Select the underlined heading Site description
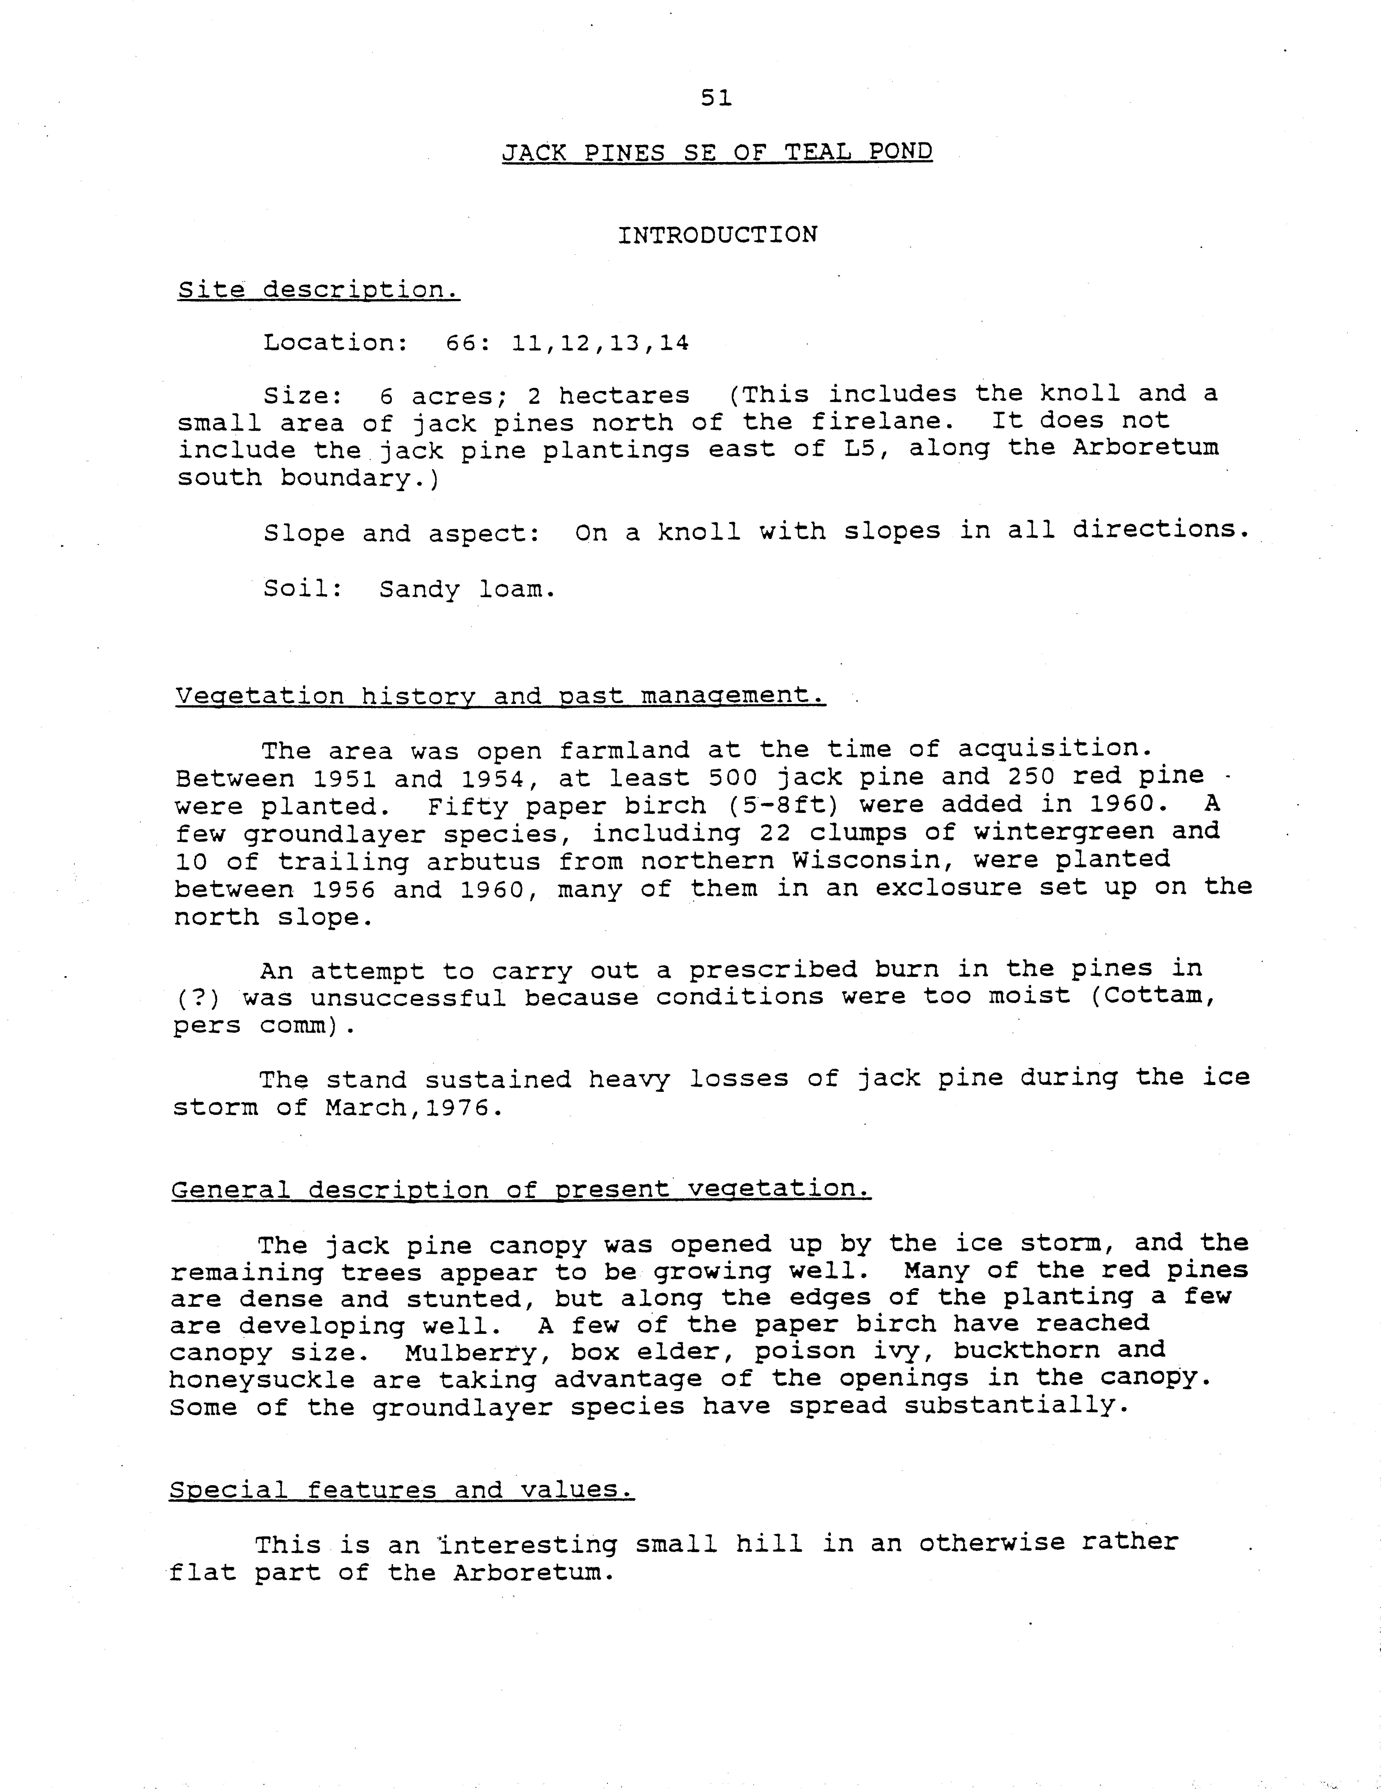tap(319, 290)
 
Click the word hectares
tap(624, 396)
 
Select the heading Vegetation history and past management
tap(501, 696)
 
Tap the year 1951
tap(344, 777)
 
